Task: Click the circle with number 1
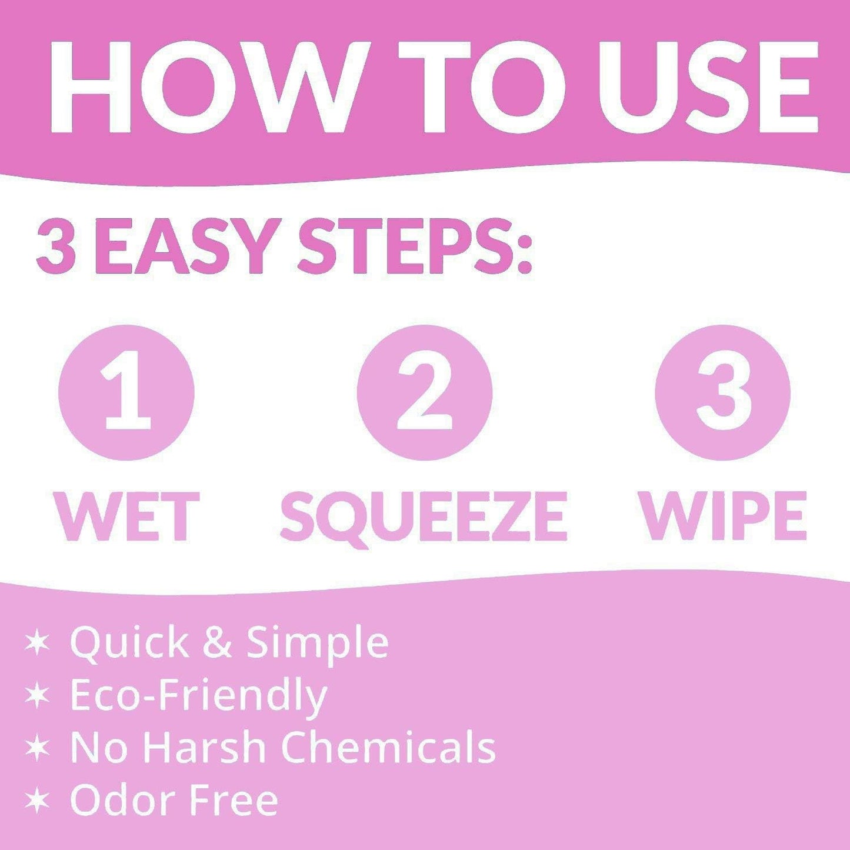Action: coord(126,392)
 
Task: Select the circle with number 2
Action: coord(424,392)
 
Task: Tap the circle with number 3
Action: coord(723,392)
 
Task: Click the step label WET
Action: coord(128,516)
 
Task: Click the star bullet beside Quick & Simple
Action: coord(38,642)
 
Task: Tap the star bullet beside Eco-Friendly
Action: coord(38,695)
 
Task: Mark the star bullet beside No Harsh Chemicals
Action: coord(38,748)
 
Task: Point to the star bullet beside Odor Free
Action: coord(38,801)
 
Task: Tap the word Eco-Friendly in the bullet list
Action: coord(198,696)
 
